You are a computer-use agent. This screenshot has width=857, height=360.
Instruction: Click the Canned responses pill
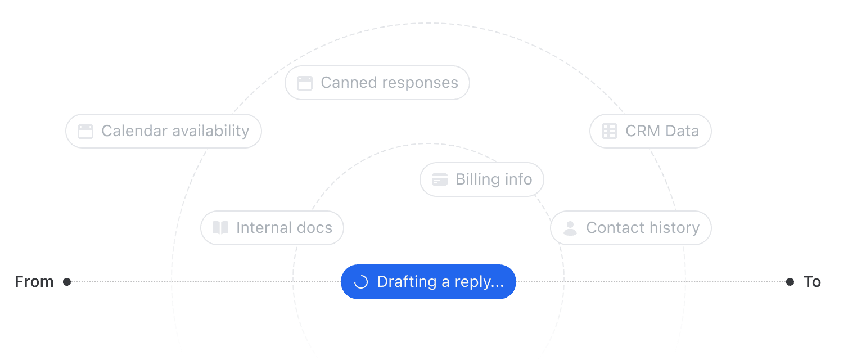coord(377,83)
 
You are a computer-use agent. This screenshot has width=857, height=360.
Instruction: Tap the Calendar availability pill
coord(163,131)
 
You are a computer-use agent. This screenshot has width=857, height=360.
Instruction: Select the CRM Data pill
coord(650,131)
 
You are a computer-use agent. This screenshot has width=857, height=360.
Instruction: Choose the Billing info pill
coord(482,179)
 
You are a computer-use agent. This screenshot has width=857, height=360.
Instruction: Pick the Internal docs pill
coord(272,228)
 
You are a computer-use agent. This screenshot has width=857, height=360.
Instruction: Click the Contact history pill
coord(630,228)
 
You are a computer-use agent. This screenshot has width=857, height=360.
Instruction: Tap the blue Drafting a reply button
coord(428,282)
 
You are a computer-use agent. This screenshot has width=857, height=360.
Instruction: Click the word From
coord(34,282)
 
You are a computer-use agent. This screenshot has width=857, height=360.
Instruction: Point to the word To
coord(812,282)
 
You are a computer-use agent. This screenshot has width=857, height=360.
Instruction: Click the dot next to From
coord(67,282)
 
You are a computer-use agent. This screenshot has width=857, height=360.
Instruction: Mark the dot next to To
coord(790,282)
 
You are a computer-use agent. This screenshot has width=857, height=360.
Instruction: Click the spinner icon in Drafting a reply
coord(360,282)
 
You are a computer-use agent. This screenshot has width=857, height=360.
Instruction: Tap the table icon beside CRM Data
coord(610,131)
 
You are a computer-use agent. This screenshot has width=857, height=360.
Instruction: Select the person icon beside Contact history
coord(570,228)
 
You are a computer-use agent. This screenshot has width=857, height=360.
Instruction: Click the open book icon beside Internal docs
coord(220,228)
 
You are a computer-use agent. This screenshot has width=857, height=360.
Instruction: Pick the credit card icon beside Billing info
coord(440,179)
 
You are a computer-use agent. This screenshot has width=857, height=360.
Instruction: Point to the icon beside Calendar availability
coord(85,132)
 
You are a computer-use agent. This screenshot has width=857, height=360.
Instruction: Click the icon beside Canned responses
coord(305,83)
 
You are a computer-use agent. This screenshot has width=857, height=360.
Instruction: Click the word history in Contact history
coord(671,228)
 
